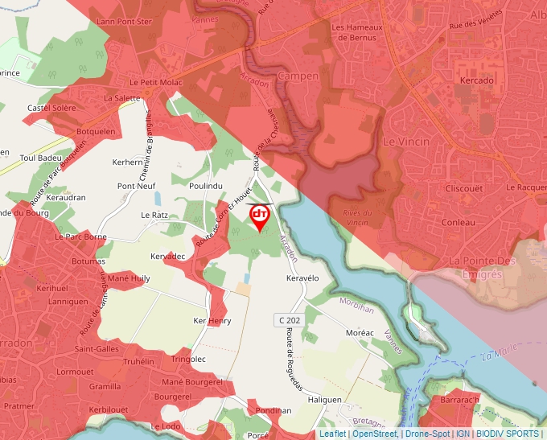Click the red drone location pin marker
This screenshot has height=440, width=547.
click(x=260, y=216)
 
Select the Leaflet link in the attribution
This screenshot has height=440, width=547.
click(x=332, y=434)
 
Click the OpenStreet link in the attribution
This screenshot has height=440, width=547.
click(x=375, y=434)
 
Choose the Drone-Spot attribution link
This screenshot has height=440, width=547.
click(x=427, y=434)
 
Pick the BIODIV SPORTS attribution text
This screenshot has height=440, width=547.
click(x=508, y=434)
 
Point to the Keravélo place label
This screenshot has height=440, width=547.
click(x=303, y=278)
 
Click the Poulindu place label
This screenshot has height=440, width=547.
click(x=205, y=187)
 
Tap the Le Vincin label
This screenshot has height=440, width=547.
click(x=401, y=141)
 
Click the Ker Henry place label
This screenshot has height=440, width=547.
click(x=212, y=321)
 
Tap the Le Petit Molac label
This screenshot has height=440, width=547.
click(x=157, y=82)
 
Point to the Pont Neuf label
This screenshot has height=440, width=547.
click(x=136, y=186)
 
